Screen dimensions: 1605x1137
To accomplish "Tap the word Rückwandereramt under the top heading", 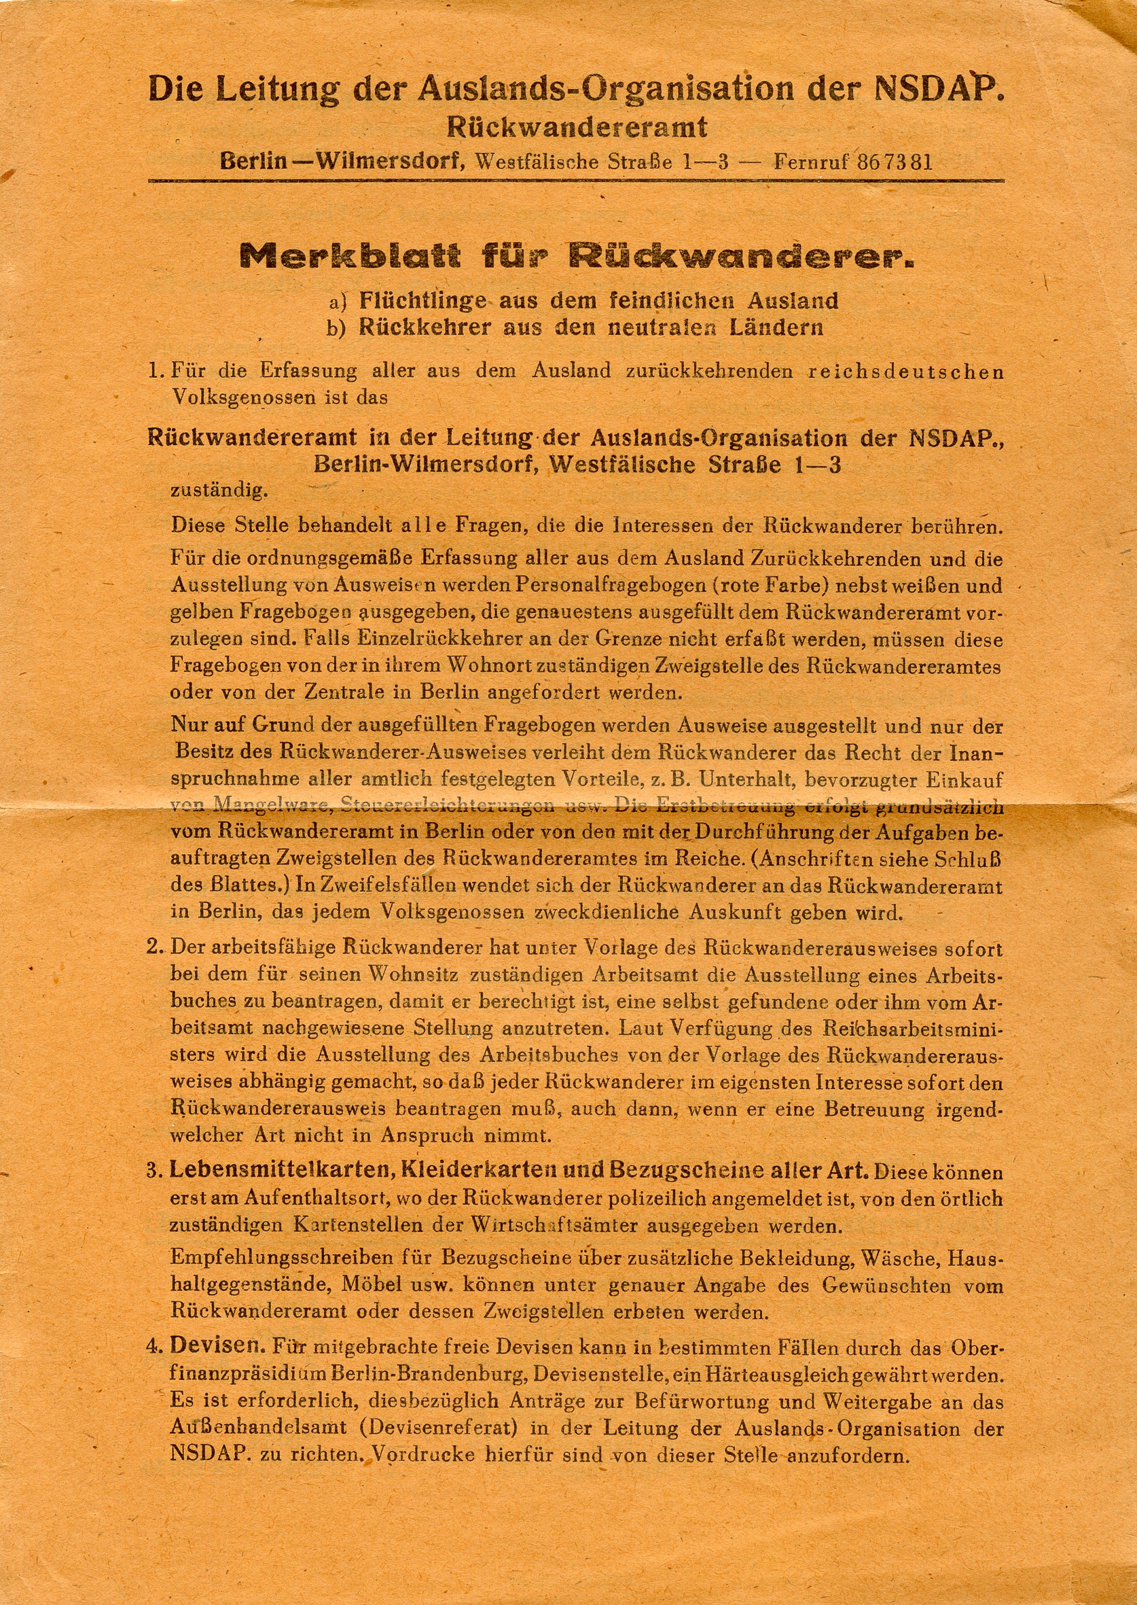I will pos(577,128).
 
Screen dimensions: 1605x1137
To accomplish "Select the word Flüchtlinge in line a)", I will pos(423,300).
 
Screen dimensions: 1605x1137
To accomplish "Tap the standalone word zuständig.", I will pos(219,490).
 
